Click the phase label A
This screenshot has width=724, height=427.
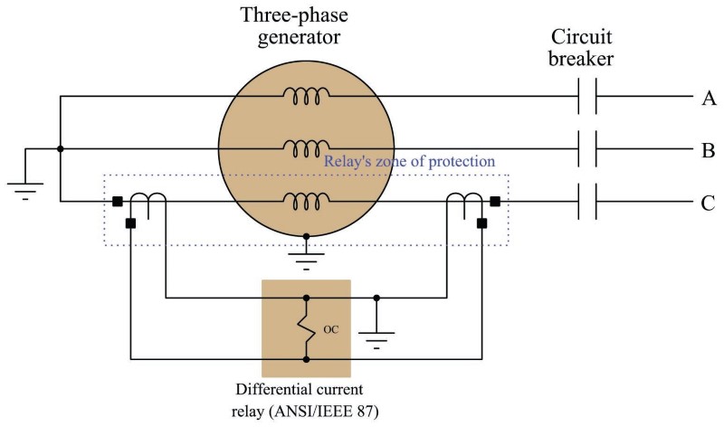(709, 98)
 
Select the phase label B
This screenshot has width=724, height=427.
(709, 150)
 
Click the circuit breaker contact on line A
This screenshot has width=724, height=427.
(586, 98)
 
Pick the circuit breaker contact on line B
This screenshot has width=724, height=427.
(586, 149)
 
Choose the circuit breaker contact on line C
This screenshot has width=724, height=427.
(586, 202)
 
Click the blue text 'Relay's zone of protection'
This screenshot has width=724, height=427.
(410, 161)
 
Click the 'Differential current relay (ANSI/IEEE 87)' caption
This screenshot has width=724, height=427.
(306, 401)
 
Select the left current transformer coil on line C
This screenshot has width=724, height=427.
(150, 204)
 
